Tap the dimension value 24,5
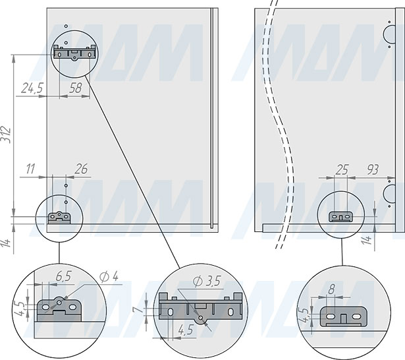[32, 88]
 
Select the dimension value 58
[76, 88]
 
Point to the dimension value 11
[30, 169]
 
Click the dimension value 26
[81, 169]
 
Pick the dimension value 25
[342, 169]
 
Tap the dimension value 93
[373, 169]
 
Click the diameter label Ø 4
[109, 277]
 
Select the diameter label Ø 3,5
[207, 281]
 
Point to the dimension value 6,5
[63, 276]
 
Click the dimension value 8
[332, 289]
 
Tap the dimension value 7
[137, 309]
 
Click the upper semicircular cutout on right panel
[389, 34]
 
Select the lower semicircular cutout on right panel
[389, 193]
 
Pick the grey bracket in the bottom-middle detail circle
[200, 308]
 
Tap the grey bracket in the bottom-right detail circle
[343, 316]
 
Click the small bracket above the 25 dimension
[340, 217]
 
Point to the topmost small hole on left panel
[66, 26]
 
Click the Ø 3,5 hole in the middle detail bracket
[201, 318]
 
